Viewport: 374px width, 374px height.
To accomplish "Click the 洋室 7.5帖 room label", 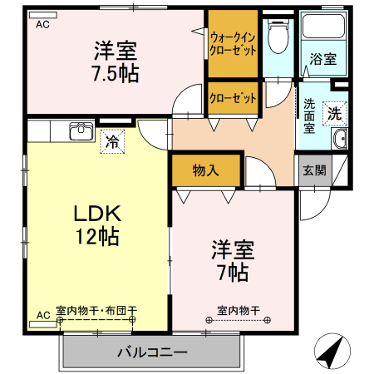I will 116,61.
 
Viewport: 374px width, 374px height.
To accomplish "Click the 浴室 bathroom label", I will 323,59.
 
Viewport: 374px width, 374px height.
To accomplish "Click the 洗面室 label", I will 309,116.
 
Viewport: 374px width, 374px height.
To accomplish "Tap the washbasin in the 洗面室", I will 340,140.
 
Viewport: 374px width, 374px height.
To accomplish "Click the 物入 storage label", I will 205,171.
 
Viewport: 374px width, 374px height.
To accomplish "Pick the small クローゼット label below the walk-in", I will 233,98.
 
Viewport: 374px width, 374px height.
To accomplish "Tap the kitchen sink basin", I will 81,131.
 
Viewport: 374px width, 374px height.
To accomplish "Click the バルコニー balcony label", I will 151,352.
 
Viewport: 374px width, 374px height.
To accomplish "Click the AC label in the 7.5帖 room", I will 42,25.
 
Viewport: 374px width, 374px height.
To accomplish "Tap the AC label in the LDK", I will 42,316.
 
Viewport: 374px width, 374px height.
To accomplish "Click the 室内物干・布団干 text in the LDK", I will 97,312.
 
